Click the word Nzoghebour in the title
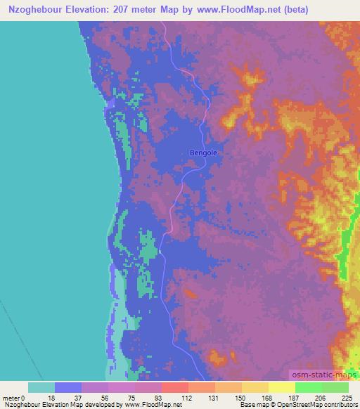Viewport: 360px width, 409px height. click(x=32, y=10)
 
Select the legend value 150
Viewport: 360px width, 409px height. click(x=241, y=397)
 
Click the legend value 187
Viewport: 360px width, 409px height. click(x=295, y=397)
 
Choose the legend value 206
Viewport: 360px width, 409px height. click(x=321, y=397)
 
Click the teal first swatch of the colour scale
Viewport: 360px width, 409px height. click(x=41, y=387)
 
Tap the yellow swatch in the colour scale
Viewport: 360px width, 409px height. click(x=281, y=387)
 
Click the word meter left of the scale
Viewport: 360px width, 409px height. click(x=11, y=397)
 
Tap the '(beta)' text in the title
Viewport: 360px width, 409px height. click(x=278, y=10)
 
